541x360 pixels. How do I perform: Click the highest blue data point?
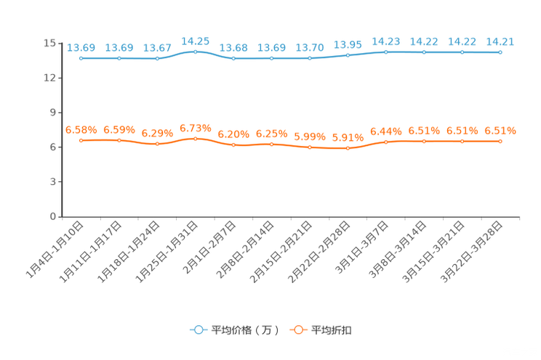195,52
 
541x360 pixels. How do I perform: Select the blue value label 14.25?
195,41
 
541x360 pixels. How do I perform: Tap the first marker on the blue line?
81,58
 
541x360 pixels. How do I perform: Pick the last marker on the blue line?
500,52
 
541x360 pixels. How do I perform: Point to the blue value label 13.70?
309,47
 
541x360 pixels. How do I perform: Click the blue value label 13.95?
348,44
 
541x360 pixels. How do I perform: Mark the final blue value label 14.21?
500,41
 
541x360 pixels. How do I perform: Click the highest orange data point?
195,138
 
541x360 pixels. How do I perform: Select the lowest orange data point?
348,148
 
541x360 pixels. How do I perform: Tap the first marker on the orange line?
81,140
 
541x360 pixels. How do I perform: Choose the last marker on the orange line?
500,141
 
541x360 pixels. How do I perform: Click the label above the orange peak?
195,128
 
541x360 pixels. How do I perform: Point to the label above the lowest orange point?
348,137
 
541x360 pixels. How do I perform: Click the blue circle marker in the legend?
198,330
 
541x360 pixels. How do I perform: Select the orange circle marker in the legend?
297,330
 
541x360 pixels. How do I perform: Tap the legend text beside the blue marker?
244,330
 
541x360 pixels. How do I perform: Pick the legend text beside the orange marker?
332,330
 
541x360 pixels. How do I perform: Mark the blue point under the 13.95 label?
348,55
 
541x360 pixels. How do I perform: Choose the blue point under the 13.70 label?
309,58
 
